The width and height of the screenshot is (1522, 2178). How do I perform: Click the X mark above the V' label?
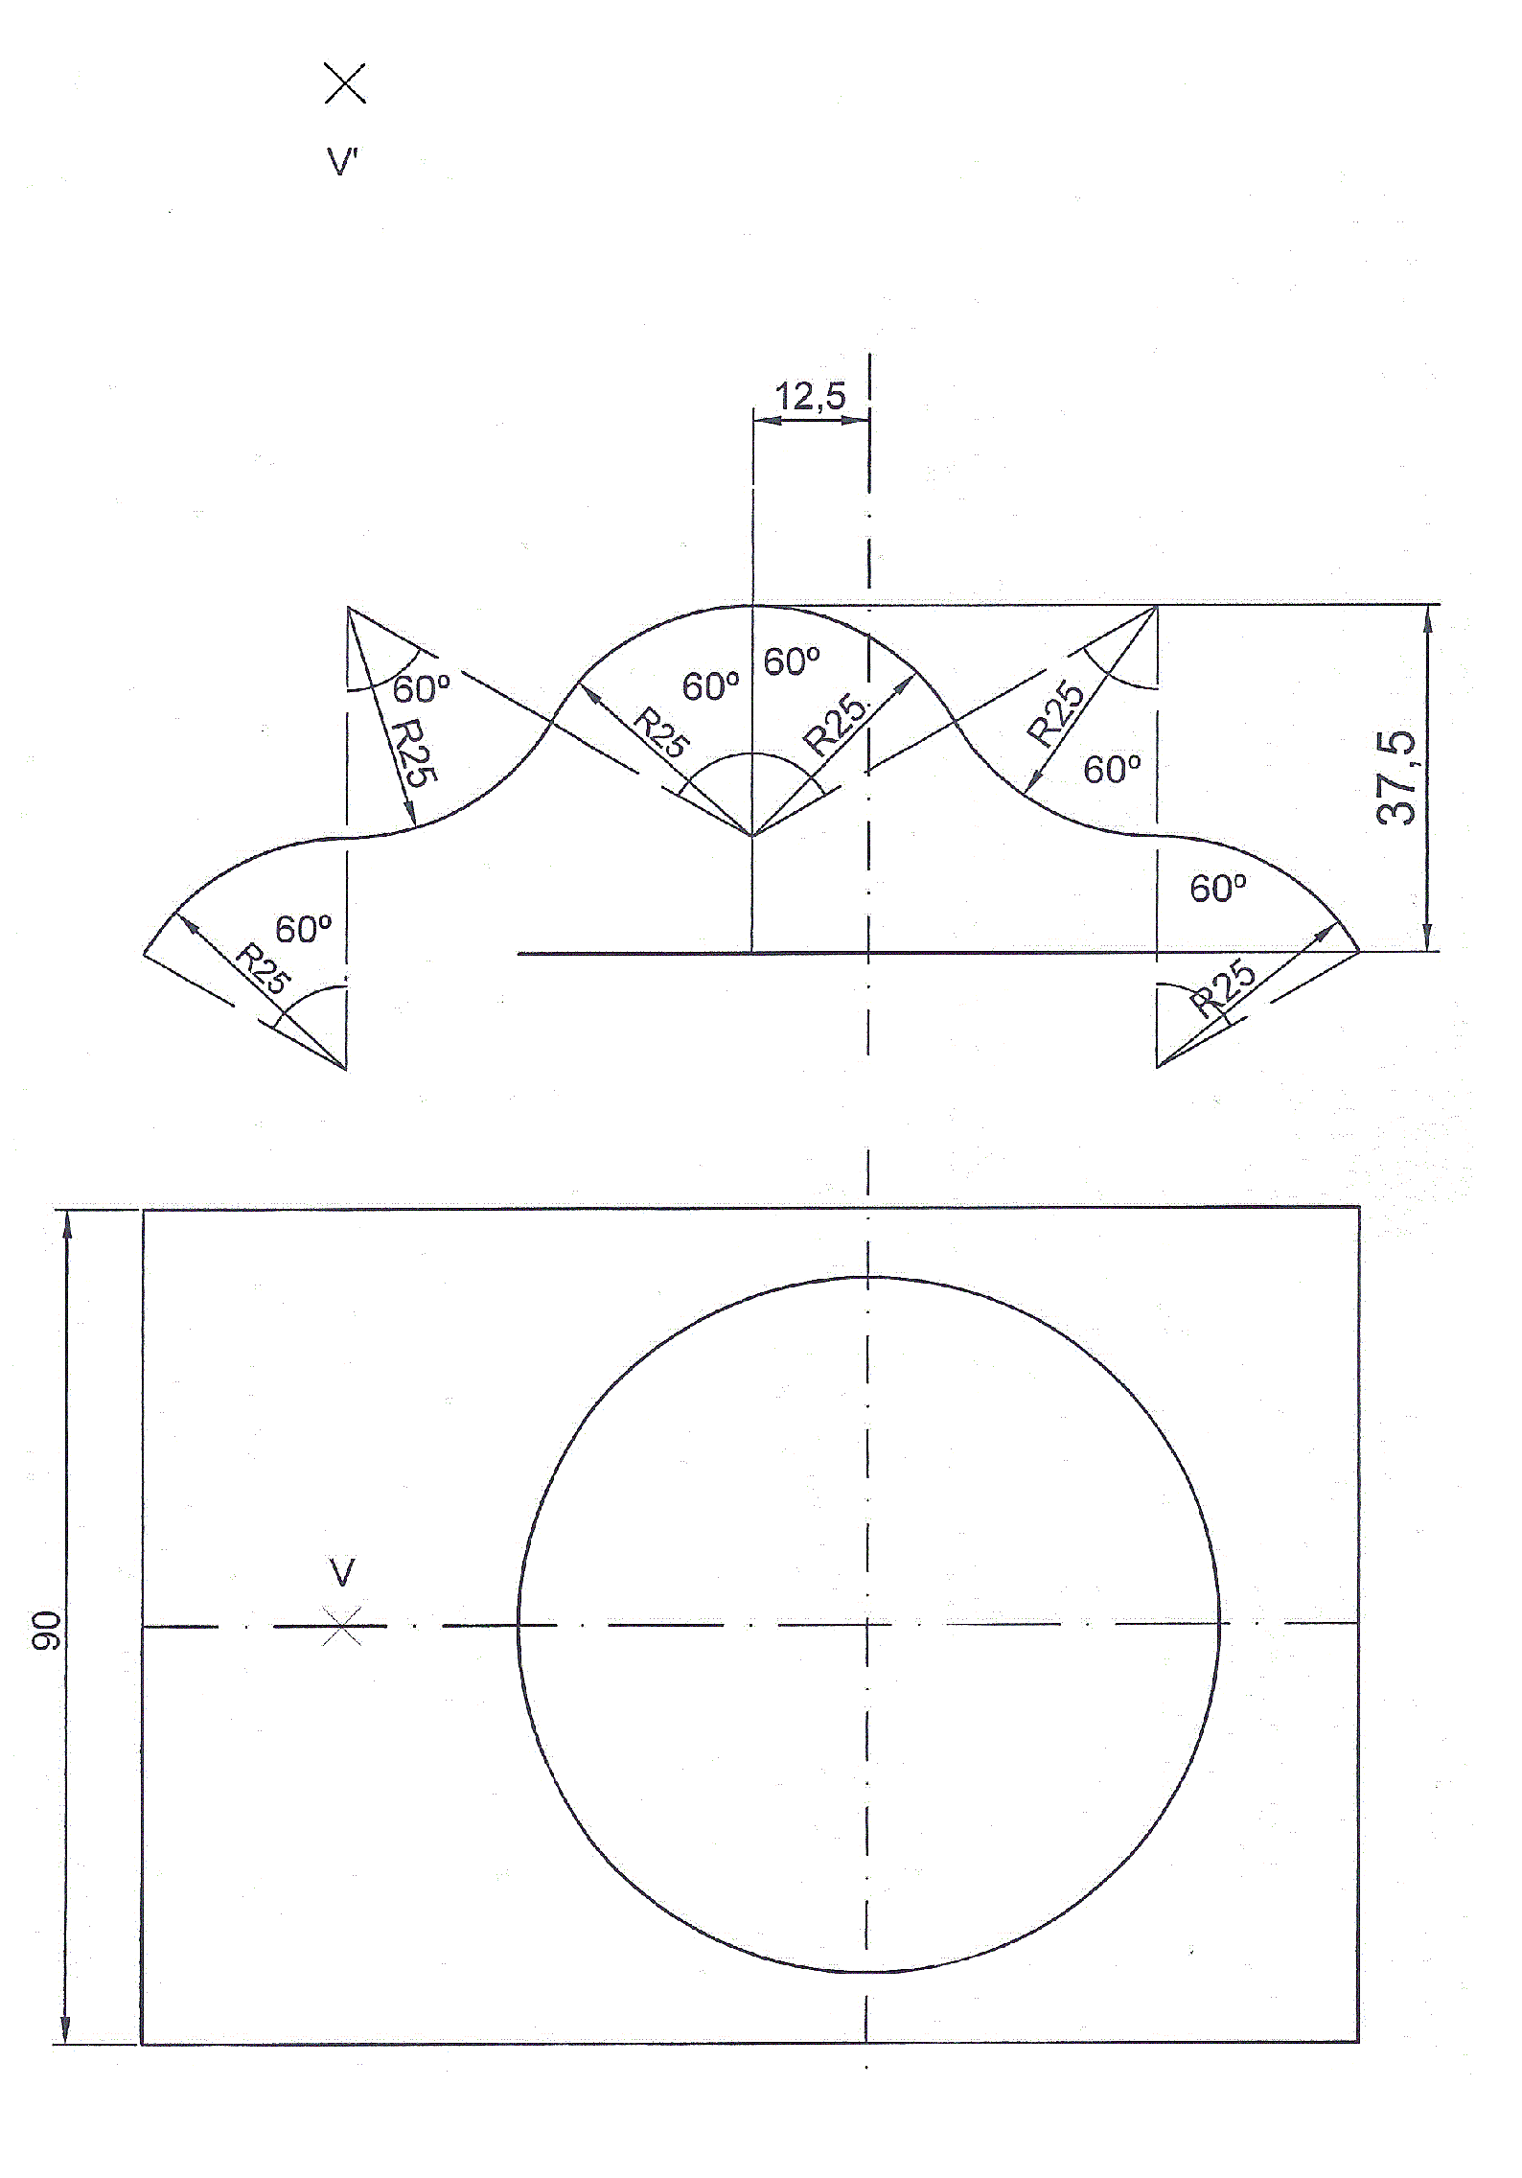pos(345,83)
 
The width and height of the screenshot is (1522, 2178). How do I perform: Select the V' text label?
pos(342,162)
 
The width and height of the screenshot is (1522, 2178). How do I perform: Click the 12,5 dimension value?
pos(810,396)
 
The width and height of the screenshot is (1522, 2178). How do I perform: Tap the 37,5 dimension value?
pos(1396,777)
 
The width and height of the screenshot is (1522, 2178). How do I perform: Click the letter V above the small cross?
pos(342,1572)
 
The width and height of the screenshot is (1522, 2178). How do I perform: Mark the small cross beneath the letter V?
pos(342,1626)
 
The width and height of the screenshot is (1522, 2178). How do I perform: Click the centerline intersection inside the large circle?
pos(868,1625)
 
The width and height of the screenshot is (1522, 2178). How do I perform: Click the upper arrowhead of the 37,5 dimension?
pos(1428,617)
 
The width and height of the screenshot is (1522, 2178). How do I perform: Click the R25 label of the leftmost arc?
pos(263,968)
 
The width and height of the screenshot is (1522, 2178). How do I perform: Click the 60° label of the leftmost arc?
pos(303,929)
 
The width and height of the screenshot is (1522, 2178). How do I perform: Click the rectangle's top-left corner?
pos(144,1209)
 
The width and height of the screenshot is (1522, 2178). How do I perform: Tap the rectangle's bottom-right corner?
pos(1358,2043)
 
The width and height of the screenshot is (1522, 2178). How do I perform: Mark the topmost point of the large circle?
pos(868,1277)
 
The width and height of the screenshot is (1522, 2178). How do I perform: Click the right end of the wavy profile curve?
pos(1358,951)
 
